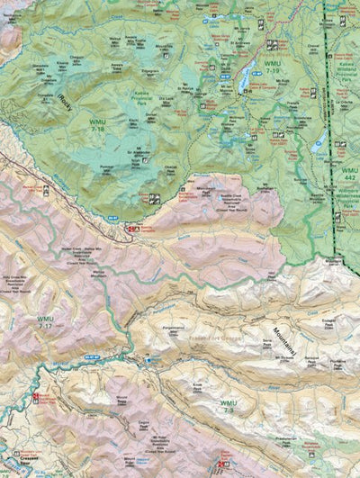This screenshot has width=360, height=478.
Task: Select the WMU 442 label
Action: pyautogui.click(x=346, y=175)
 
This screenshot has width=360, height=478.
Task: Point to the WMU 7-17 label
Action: pyautogui.click(x=45, y=322)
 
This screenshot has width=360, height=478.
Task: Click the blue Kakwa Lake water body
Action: pyautogui.click(x=243, y=81)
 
